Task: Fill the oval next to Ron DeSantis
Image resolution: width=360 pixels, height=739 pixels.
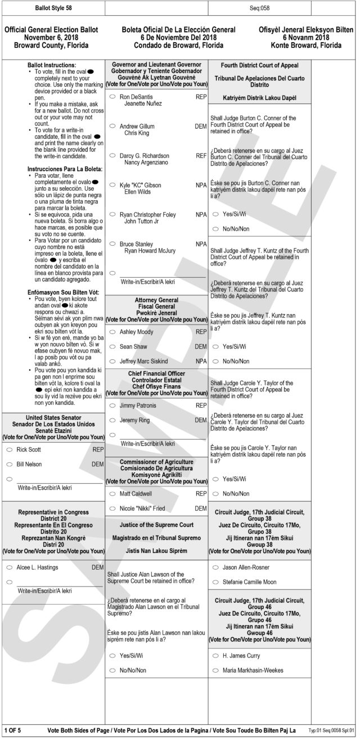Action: [x=112, y=97]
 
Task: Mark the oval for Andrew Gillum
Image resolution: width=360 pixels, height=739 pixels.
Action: [x=112, y=127]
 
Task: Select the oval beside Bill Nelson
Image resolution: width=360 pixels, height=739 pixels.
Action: [x=10, y=464]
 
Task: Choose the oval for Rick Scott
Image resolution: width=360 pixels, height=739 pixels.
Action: [x=10, y=450]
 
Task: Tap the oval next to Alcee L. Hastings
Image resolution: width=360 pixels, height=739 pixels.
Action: [x=10, y=567]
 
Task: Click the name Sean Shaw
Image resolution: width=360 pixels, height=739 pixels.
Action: [x=133, y=346]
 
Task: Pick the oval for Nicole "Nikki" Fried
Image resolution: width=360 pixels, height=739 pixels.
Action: [x=112, y=508]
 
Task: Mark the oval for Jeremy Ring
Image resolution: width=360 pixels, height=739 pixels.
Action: [x=112, y=420]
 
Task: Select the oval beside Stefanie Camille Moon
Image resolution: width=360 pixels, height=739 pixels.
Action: [x=215, y=582]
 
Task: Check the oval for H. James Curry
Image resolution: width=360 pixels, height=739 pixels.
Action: [x=215, y=656]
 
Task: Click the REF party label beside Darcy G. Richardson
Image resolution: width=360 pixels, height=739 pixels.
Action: [x=201, y=156]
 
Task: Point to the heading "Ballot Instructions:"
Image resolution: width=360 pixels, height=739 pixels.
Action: [x=51, y=65]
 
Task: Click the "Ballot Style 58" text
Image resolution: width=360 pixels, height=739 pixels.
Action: [x=53, y=8]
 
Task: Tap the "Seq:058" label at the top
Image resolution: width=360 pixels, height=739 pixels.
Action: [x=259, y=8]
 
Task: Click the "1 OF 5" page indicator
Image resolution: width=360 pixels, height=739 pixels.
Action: [x=12, y=731]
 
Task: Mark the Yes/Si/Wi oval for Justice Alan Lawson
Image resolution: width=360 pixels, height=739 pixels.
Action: [x=112, y=656]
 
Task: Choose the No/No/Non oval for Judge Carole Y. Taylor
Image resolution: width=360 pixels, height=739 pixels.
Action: [x=215, y=494]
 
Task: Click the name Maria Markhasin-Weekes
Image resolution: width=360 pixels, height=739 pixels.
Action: [x=253, y=670]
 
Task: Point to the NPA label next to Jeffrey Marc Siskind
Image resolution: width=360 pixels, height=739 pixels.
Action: [x=201, y=361]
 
